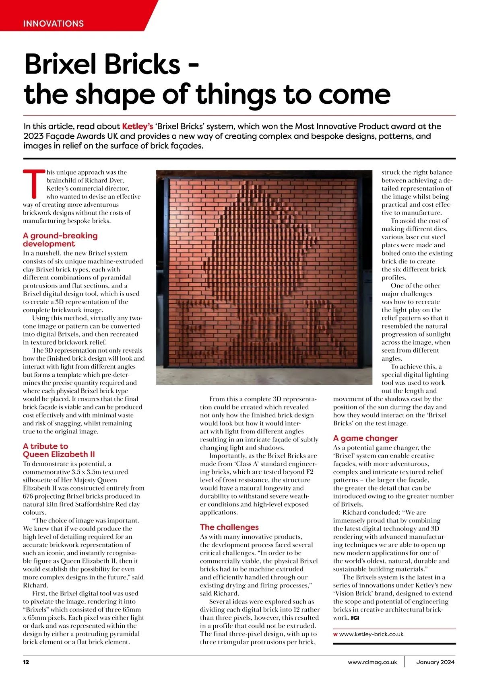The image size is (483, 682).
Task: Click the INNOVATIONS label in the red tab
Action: pos(53,23)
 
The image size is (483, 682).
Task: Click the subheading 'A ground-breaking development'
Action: pos(60,240)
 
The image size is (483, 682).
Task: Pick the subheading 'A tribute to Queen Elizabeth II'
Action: pos(59,450)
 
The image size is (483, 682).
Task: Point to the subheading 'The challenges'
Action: pos(229,527)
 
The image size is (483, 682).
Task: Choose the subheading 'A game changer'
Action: pos(365,438)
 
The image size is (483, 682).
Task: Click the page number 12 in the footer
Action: pos(26,662)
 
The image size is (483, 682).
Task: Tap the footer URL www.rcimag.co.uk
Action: pos(372,662)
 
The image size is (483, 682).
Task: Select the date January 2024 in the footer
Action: pos(435,662)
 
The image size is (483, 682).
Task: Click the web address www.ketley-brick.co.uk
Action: pos(371,634)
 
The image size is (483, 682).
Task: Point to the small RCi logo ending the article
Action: pos(355,618)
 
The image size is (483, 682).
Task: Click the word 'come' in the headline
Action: pos(354,94)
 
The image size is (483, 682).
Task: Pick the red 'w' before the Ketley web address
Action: pos(335,634)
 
